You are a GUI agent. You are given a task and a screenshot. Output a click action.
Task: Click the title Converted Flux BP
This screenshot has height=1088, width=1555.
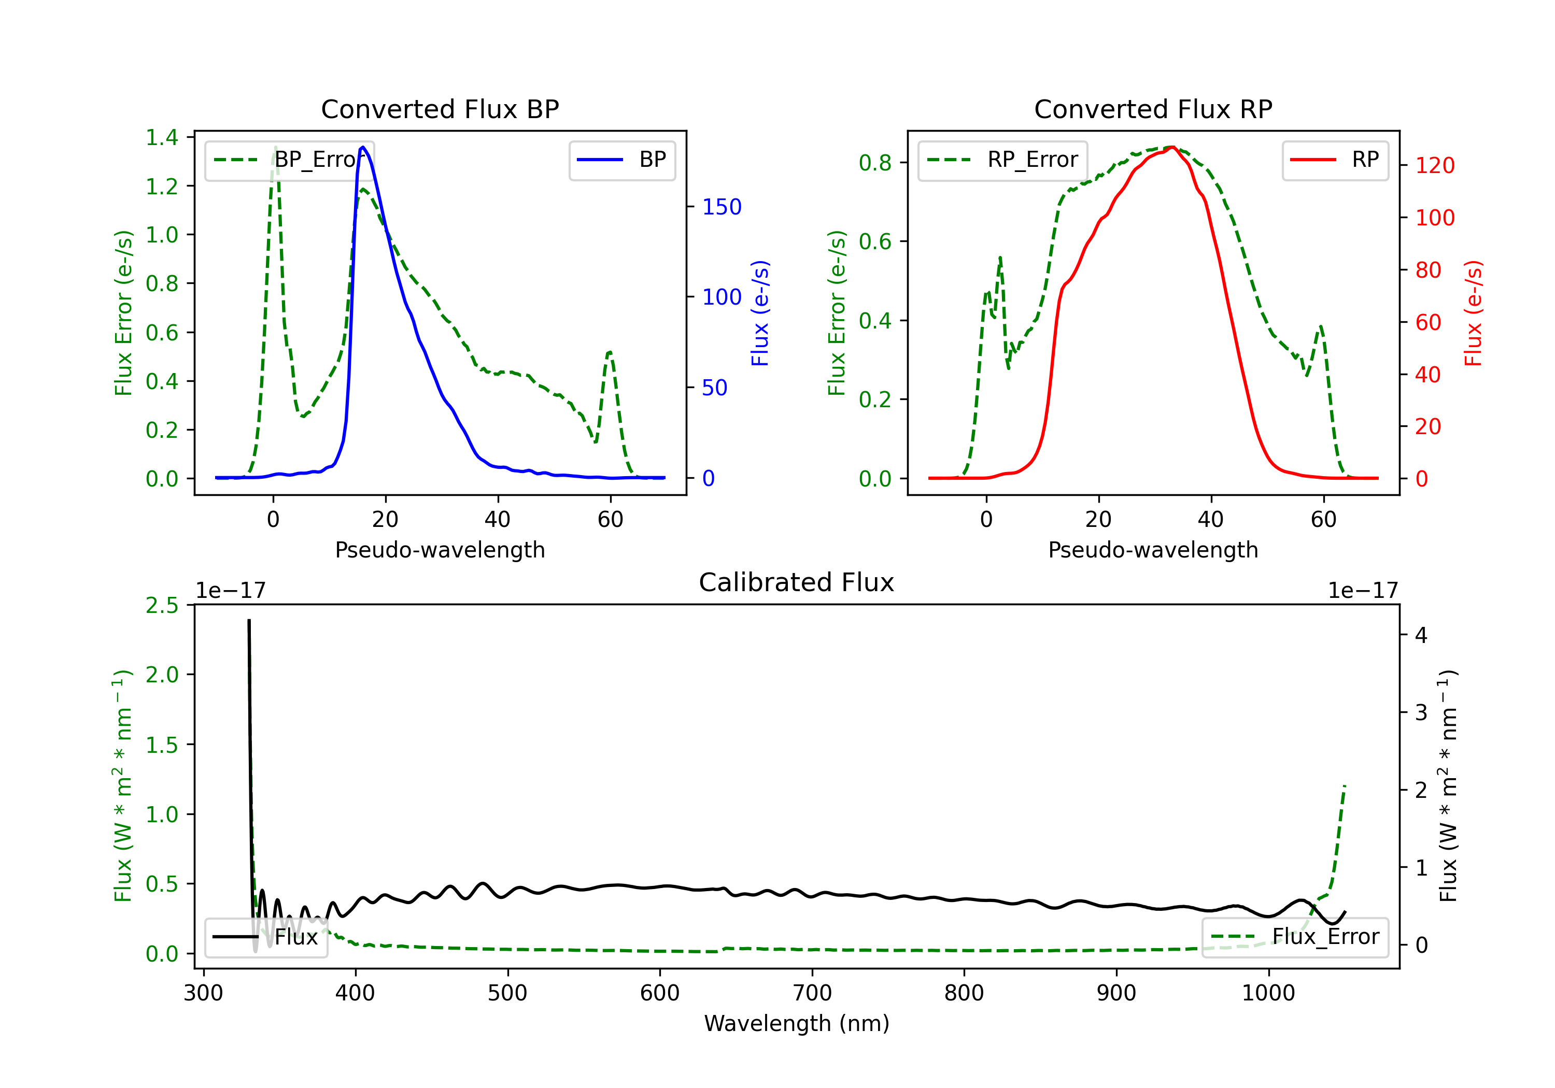point(440,109)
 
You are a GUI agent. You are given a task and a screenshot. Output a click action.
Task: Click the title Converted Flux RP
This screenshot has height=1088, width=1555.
point(1153,109)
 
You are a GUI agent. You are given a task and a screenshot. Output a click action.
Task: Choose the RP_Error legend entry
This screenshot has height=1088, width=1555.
point(1003,160)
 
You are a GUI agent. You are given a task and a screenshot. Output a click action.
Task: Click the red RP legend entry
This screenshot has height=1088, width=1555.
point(1335,160)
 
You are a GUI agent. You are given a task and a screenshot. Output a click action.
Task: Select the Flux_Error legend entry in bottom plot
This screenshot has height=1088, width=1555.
point(1294,937)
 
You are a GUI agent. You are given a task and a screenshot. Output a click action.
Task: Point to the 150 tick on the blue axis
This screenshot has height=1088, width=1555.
point(722,207)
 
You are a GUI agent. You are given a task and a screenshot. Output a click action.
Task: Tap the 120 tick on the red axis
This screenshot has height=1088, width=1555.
point(1434,165)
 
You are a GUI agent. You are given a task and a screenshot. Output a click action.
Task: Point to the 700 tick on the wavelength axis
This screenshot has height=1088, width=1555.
point(812,993)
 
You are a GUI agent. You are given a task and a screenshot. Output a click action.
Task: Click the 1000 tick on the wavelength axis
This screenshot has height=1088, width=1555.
point(1268,993)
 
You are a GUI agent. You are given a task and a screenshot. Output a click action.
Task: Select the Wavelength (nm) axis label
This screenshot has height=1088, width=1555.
point(797,1023)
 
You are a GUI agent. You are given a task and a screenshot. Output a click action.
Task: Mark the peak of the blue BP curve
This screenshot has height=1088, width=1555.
point(363,147)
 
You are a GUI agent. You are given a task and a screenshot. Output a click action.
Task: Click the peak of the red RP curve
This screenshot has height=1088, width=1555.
point(1172,147)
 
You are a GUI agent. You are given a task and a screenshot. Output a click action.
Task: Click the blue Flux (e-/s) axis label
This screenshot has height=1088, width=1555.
point(760,313)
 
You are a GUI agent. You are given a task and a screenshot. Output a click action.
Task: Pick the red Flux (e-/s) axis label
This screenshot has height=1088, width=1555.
point(1473,313)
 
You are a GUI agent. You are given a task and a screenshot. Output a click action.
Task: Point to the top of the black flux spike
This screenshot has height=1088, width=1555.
point(249,620)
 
